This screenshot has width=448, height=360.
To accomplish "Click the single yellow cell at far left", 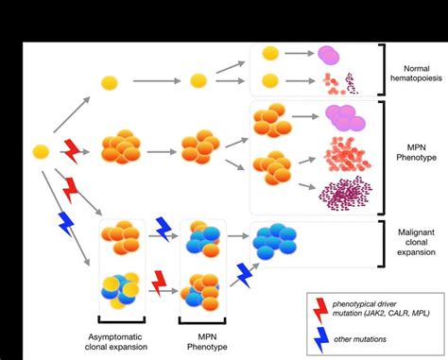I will point(41,150).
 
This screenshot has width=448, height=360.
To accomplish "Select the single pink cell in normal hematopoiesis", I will point(331,55).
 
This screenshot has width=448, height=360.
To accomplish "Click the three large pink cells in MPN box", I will point(345,117).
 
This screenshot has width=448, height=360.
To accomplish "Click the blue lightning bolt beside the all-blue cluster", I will point(246,275).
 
